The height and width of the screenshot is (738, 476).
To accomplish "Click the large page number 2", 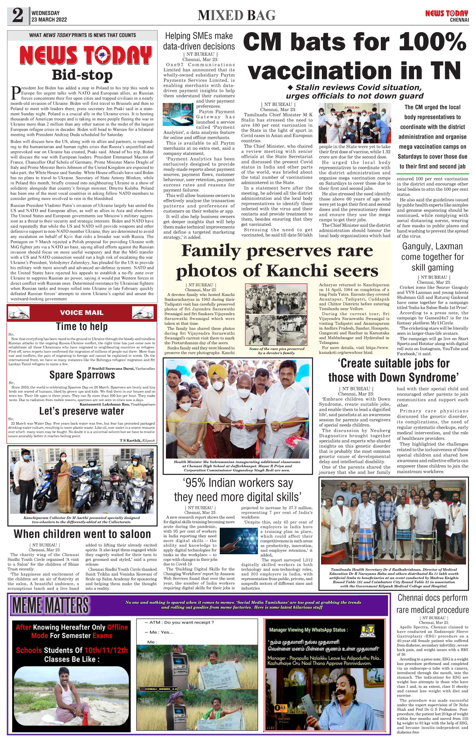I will click(18, 15).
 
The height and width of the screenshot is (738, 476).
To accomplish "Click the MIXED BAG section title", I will click(236, 15).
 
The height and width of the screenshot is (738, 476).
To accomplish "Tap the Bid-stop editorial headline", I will click(82, 75).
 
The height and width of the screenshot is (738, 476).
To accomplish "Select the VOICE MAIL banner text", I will click(81, 313).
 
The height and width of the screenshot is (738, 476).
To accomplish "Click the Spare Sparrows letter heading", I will click(82, 375).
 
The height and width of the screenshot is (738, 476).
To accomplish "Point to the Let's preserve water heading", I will click(81, 411).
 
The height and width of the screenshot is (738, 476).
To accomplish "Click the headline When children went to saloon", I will click(82, 534).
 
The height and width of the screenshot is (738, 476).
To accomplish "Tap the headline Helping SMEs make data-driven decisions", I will click(199, 41).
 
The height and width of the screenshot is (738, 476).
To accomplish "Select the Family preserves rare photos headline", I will click(277, 261).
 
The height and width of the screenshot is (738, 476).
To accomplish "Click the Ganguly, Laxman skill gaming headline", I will click(432, 257).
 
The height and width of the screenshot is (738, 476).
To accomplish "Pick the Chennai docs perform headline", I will click(432, 604).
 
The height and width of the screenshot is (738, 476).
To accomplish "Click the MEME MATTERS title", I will click(51, 605).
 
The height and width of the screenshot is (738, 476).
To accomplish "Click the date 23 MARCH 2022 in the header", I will click(49, 20).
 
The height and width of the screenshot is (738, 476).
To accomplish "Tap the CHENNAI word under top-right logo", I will click(459, 20).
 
